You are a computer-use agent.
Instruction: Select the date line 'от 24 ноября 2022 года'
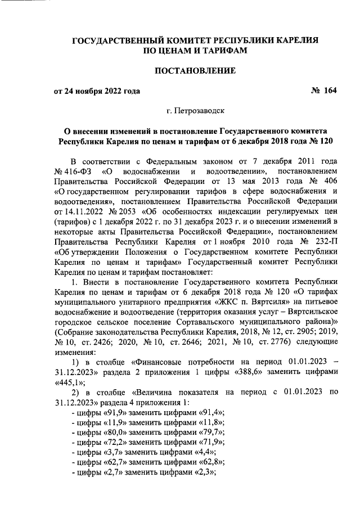click(x=97, y=91)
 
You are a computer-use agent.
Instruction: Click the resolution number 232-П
click(x=323, y=249)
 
